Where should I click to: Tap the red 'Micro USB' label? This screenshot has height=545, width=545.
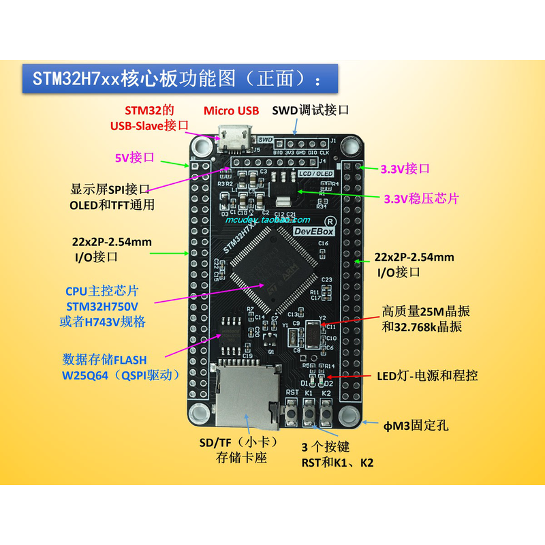click(x=232, y=110)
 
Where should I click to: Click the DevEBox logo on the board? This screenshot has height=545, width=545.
click(x=312, y=232)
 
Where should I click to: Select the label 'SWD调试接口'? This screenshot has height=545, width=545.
click(x=311, y=110)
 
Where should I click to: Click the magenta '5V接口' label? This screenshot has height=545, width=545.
click(x=134, y=157)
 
